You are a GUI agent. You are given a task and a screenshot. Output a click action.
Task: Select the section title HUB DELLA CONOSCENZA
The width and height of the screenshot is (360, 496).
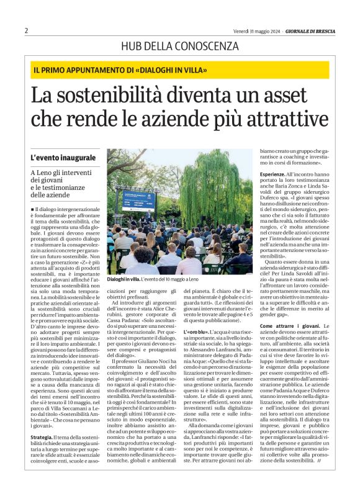pyautogui.click(x=179, y=46)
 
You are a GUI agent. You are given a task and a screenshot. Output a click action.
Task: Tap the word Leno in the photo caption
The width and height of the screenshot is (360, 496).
pyautogui.click(x=186, y=280)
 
